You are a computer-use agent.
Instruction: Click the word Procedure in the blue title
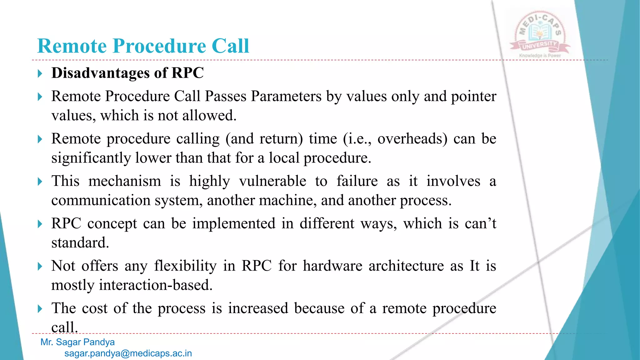pyautogui.click(x=159, y=46)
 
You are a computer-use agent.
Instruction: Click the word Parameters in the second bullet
pyautogui.click(x=286, y=96)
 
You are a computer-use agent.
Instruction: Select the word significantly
pyautogui.click(x=91, y=158)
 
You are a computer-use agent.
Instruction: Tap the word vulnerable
pyautogui.click(x=272, y=181)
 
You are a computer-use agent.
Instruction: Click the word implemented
pyautogui.click(x=233, y=224)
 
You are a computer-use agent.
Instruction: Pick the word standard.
pyautogui.click(x=80, y=243)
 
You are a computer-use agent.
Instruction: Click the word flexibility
pyautogui.click(x=185, y=266)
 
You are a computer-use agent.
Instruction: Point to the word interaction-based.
pyautogui.click(x=156, y=285)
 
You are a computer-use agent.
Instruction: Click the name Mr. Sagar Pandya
pyautogui.click(x=77, y=342)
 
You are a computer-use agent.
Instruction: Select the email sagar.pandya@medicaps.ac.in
pyautogui.click(x=128, y=353)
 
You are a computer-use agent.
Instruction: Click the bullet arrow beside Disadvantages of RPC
pyautogui.click(x=40, y=74)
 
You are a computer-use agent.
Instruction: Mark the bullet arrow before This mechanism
pyautogui.click(x=40, y=182)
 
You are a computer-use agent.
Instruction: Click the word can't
pyautogui.click(x=480, y=224)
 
